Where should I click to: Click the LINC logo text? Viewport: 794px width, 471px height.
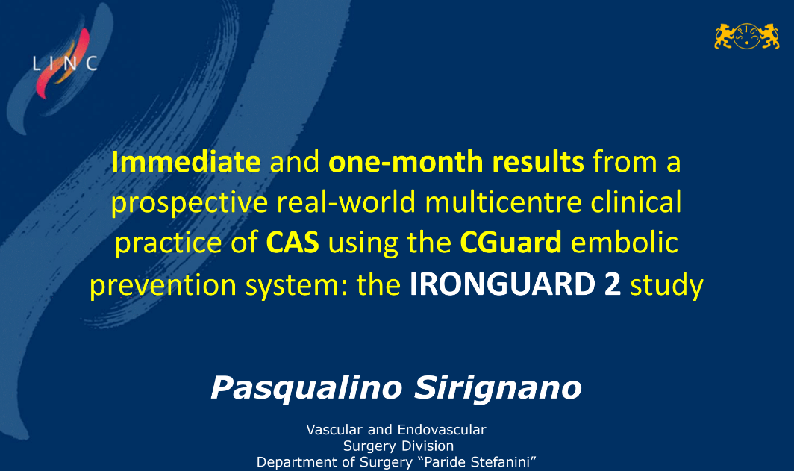click(65, 63)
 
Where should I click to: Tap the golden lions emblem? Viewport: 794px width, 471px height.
click(747, 37)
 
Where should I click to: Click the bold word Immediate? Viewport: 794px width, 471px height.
click(186, 161)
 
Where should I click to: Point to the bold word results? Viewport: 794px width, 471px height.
click(538, 162)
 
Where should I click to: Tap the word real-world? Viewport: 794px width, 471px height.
click(346, 202)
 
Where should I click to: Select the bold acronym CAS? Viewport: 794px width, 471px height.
click(293, 243)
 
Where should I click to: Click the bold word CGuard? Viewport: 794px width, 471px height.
click(511, 243)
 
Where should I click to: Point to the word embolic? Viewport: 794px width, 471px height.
click(625, 243)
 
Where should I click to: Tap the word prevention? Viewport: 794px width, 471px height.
click(163, 284)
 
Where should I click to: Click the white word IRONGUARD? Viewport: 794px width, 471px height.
click(502, 284)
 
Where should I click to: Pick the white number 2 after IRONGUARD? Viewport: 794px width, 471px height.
click(612, 284)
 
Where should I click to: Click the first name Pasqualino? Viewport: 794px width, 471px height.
click(307, 389)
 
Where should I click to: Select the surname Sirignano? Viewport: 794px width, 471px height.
click(498, 389)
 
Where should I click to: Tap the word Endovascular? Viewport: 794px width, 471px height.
click(442, 430)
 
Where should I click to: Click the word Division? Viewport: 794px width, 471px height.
click(429, 446)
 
